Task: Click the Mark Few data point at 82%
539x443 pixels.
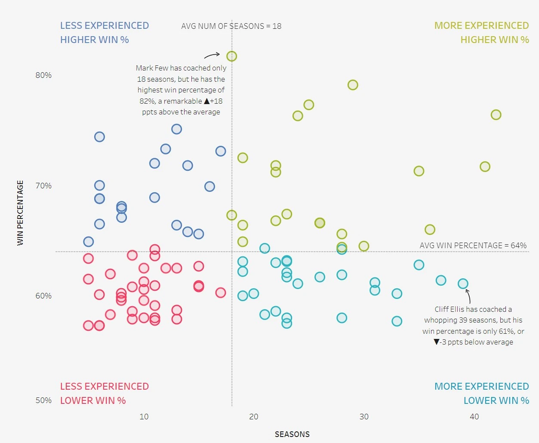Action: pyautogui.click(x=231, y=56)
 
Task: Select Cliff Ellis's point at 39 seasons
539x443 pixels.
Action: pyautogui.click(x=463, y=283)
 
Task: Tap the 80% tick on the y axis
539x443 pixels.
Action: pyautogui.click(x=43, y=75)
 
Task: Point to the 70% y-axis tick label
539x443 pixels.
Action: pyautogui.click(x=43, y=186)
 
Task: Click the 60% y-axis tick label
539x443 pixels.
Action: pyautogui.click(x=43, y=296)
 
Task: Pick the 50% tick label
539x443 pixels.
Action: pyautogui.click(x=43, y=400)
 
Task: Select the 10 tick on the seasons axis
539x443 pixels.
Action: pyautogui.click(x=144, y=416)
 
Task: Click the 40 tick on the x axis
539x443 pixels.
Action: pyautogui.click(x=474, y=416)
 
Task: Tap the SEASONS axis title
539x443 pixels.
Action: pyautogui.click(x=292, y=434)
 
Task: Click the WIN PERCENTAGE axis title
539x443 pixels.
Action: pyautogui.click(x=20, y=213)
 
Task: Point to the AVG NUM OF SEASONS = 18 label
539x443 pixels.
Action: pyautogui.click(x=231, y=26)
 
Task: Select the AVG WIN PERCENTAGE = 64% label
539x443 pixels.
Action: pyautogui.click(x=473, y=246)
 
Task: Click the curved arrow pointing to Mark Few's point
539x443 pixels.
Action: pyautogui.click(x=212, y=55)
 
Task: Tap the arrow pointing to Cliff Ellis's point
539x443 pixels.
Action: pyautogui.click(x=468, y=296)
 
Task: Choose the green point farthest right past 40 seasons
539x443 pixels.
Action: pyautogui.click(x=496, y=115)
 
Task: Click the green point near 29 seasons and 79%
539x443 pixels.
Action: pyautogui.click(x=353, y=85)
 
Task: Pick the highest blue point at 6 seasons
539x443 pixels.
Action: pyautogui.click(x=99, y=137)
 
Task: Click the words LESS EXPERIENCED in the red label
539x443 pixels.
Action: pyautogui.click(x=105, y=386)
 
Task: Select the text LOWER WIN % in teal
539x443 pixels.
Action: pyautogui.click(x=496, y=400)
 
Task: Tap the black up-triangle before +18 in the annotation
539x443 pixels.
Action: pyautogui.click(x=207, y=101)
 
